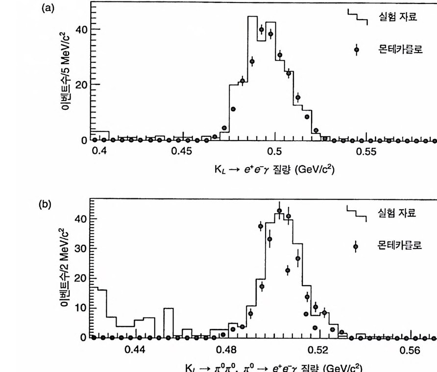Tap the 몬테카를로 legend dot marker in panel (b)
tap(356, 246)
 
